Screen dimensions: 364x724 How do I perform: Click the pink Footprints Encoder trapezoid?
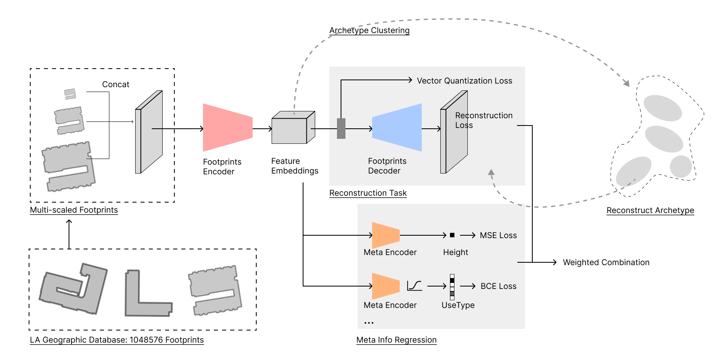(x=227, y=128)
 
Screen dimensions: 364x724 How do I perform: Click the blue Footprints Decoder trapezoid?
(x=397, y=128)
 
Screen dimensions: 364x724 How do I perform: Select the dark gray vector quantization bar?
(x=341, y=128)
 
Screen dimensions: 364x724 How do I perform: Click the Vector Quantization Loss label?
(x=464, y=81)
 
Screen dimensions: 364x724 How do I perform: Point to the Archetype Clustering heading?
(x=369, y=30)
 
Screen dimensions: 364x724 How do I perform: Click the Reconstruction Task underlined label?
(x=368, y=193)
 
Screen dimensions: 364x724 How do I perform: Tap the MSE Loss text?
(x=498, y=235)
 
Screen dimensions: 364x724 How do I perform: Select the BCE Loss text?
(x=498, y=286)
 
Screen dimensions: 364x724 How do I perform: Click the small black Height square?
(x=452, y=235)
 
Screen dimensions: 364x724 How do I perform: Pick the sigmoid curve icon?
(x=414, y=286)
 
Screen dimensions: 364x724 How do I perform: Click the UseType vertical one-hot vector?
(x=452, y=287)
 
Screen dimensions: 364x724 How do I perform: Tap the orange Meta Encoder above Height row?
(x=385, y=235)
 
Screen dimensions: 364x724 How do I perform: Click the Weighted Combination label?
(x=606, y=262)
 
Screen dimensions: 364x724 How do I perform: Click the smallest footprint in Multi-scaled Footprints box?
(x=70, y=94)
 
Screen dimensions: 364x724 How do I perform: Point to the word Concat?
(x=115, y=84)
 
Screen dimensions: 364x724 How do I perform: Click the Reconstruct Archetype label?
(x=650, y=210)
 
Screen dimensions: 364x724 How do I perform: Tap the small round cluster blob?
(x=681, y=166)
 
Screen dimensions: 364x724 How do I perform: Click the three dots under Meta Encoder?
(x=369, y=323)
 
